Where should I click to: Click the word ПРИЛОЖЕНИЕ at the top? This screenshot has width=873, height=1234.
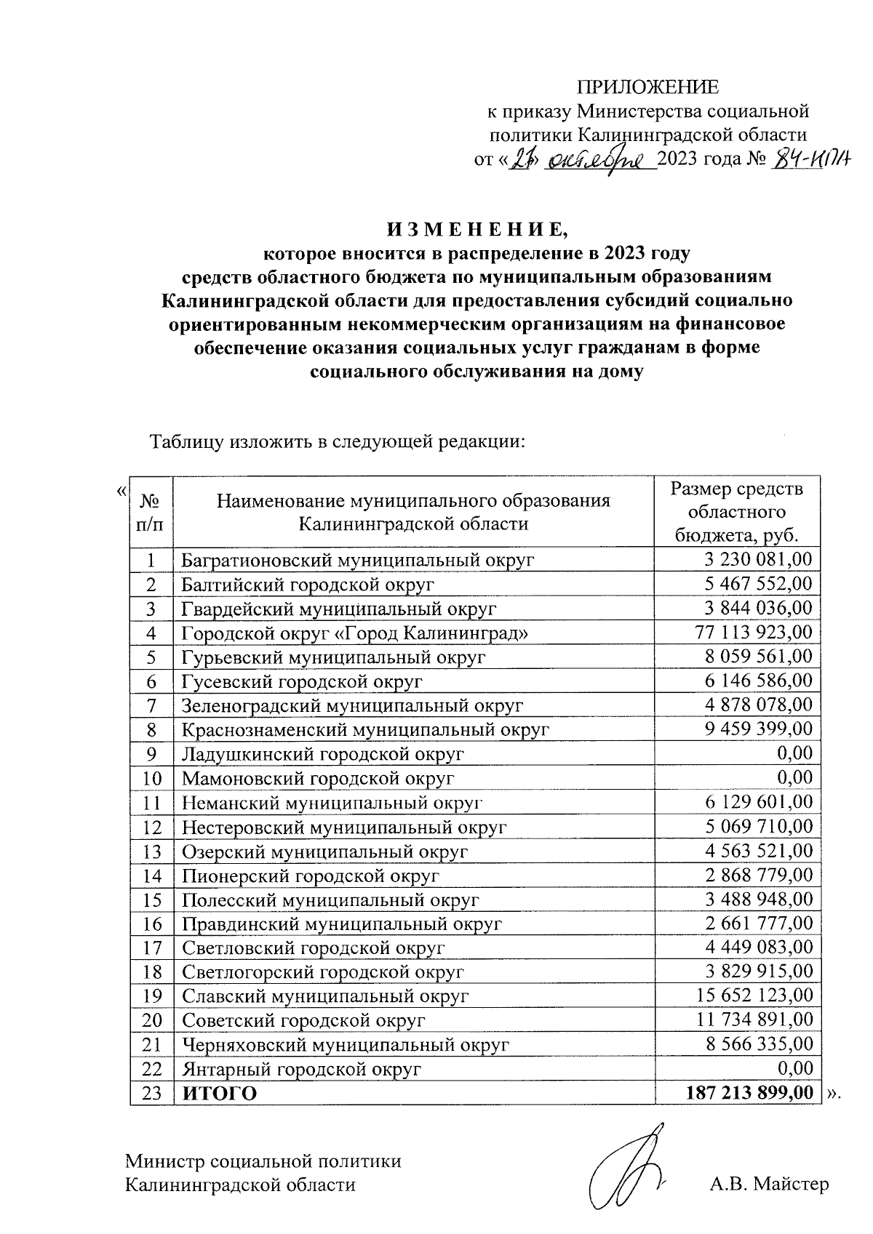click(x=647, y=88)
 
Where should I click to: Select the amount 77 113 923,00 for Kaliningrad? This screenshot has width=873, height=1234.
click(x=752, y=633)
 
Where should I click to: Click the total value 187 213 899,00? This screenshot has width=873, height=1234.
click(x=749, y=1093)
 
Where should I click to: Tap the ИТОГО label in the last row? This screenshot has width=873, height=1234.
click(x=219, y=1094)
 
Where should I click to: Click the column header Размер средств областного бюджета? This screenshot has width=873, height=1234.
click(x=737, y=512)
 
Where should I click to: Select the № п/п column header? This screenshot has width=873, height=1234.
click(x=150, y=512)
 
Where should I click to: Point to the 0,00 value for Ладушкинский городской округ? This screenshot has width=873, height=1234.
click(x=794, y=753)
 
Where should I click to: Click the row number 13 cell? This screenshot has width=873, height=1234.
click(x=151, y=851)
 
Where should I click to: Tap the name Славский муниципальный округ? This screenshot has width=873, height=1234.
click(x=325, y=996)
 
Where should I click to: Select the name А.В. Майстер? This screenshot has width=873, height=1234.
click(x=769, y=1185)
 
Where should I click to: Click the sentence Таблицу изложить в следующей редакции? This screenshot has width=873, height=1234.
click(x=337, y=441)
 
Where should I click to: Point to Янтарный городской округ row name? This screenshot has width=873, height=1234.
click(x=301, y=1069)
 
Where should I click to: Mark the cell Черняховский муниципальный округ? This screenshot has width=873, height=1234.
click(x=345, y=1045)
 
